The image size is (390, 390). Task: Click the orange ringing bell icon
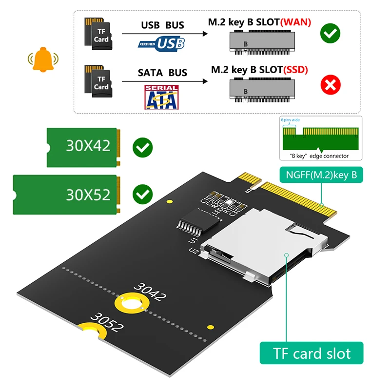[43, 58]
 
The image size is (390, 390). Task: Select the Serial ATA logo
[161, 97]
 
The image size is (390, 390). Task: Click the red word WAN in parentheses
[294, 22]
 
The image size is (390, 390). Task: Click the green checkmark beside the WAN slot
[330, 33]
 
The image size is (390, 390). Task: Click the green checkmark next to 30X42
[142, 147]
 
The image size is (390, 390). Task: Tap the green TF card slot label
[312, 353]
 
